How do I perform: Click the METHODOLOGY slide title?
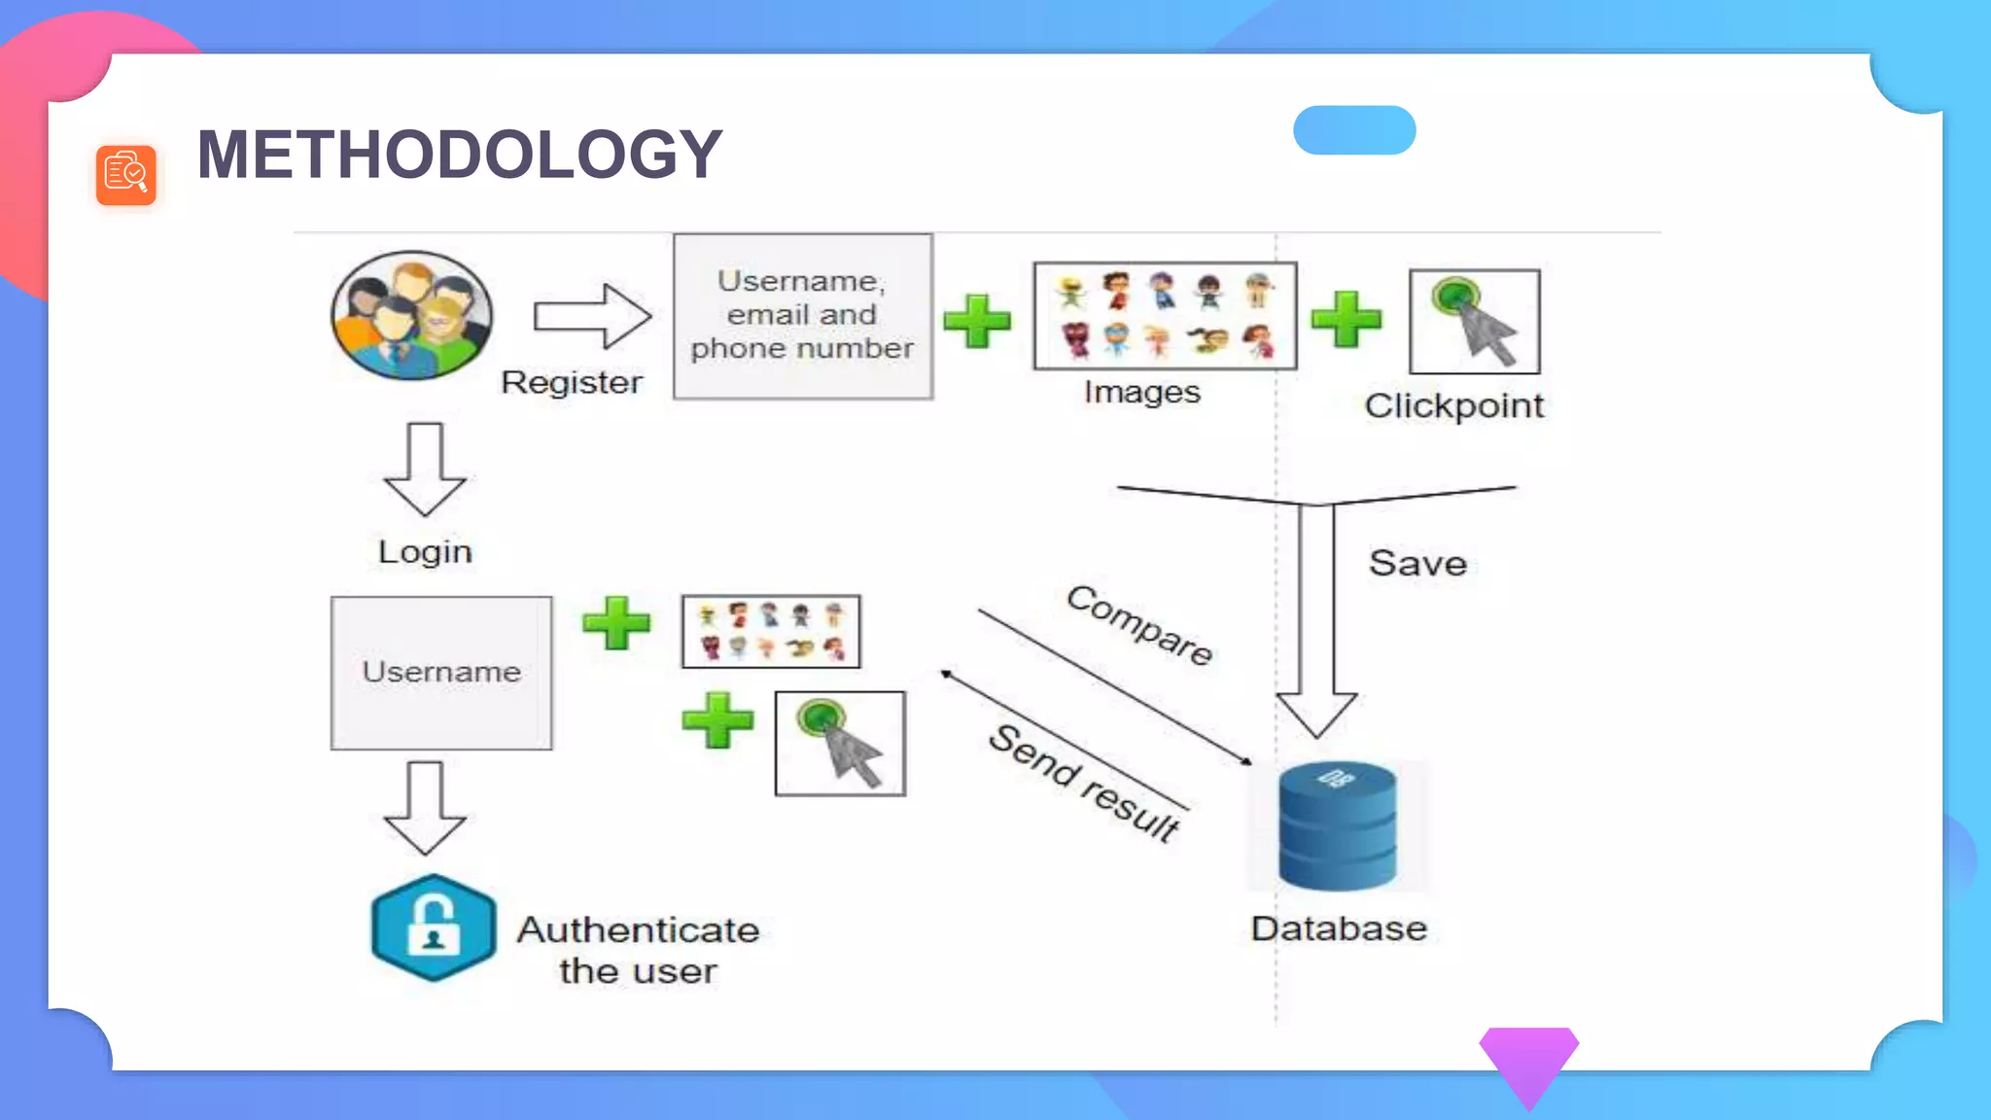pyautogui.click(x=459, y=155)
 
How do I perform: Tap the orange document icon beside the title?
pyautogui.click(x=126, y=175)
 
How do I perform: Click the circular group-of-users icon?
pyautogui.click(x=411, y=315)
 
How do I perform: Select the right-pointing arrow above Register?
pyautogui.click(x=591, y=316)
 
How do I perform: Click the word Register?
pyautogui.click(x=572, y=382)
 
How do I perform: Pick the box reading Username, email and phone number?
pyautogui.click(x=803, y=316)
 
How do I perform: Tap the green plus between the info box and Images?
pyautogui.click(x=977, y=321)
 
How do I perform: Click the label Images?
pyautogui.click(x=1142, y=392)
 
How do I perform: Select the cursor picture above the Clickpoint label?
pyautogui.click(x=1475, y=322)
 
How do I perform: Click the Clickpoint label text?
pyautogui.click(x=1453, y=406)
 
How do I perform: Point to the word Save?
pyautogui.click(x=1417, y=564)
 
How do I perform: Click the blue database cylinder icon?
pyautogui.click(x=1338, y=826)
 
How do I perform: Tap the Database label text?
pyautogui.click(x=1339, y=928)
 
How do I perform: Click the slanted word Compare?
pyautogui.click(x=1139, y=625)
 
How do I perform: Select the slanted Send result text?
pyautogui.click(x=1084, y=783)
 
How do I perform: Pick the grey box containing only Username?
pyautogui.click(x=441, y=673)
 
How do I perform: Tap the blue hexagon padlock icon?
pyautogui.click(x=434, y=927)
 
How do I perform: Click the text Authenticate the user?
pyautogui.click(x=638, y=950)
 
